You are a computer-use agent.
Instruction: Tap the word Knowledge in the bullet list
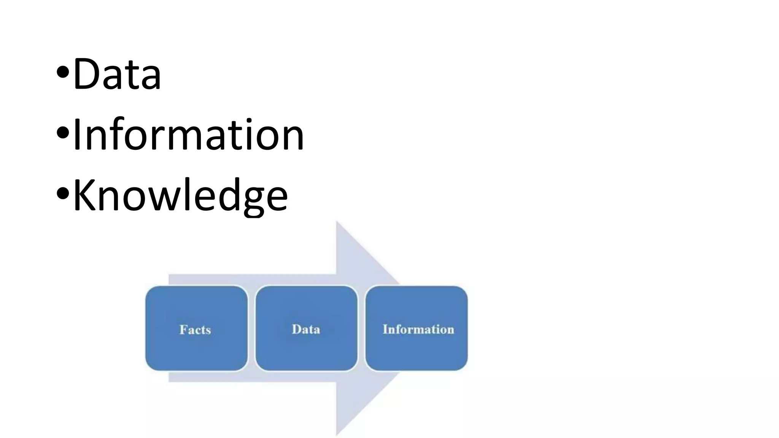180,195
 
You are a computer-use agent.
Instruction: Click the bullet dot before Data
63,72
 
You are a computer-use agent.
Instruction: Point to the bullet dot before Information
63,133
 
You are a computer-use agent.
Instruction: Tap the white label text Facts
195,329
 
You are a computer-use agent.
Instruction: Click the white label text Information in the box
418,329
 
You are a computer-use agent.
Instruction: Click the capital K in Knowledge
86,195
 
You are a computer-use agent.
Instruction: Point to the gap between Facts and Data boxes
251,328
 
